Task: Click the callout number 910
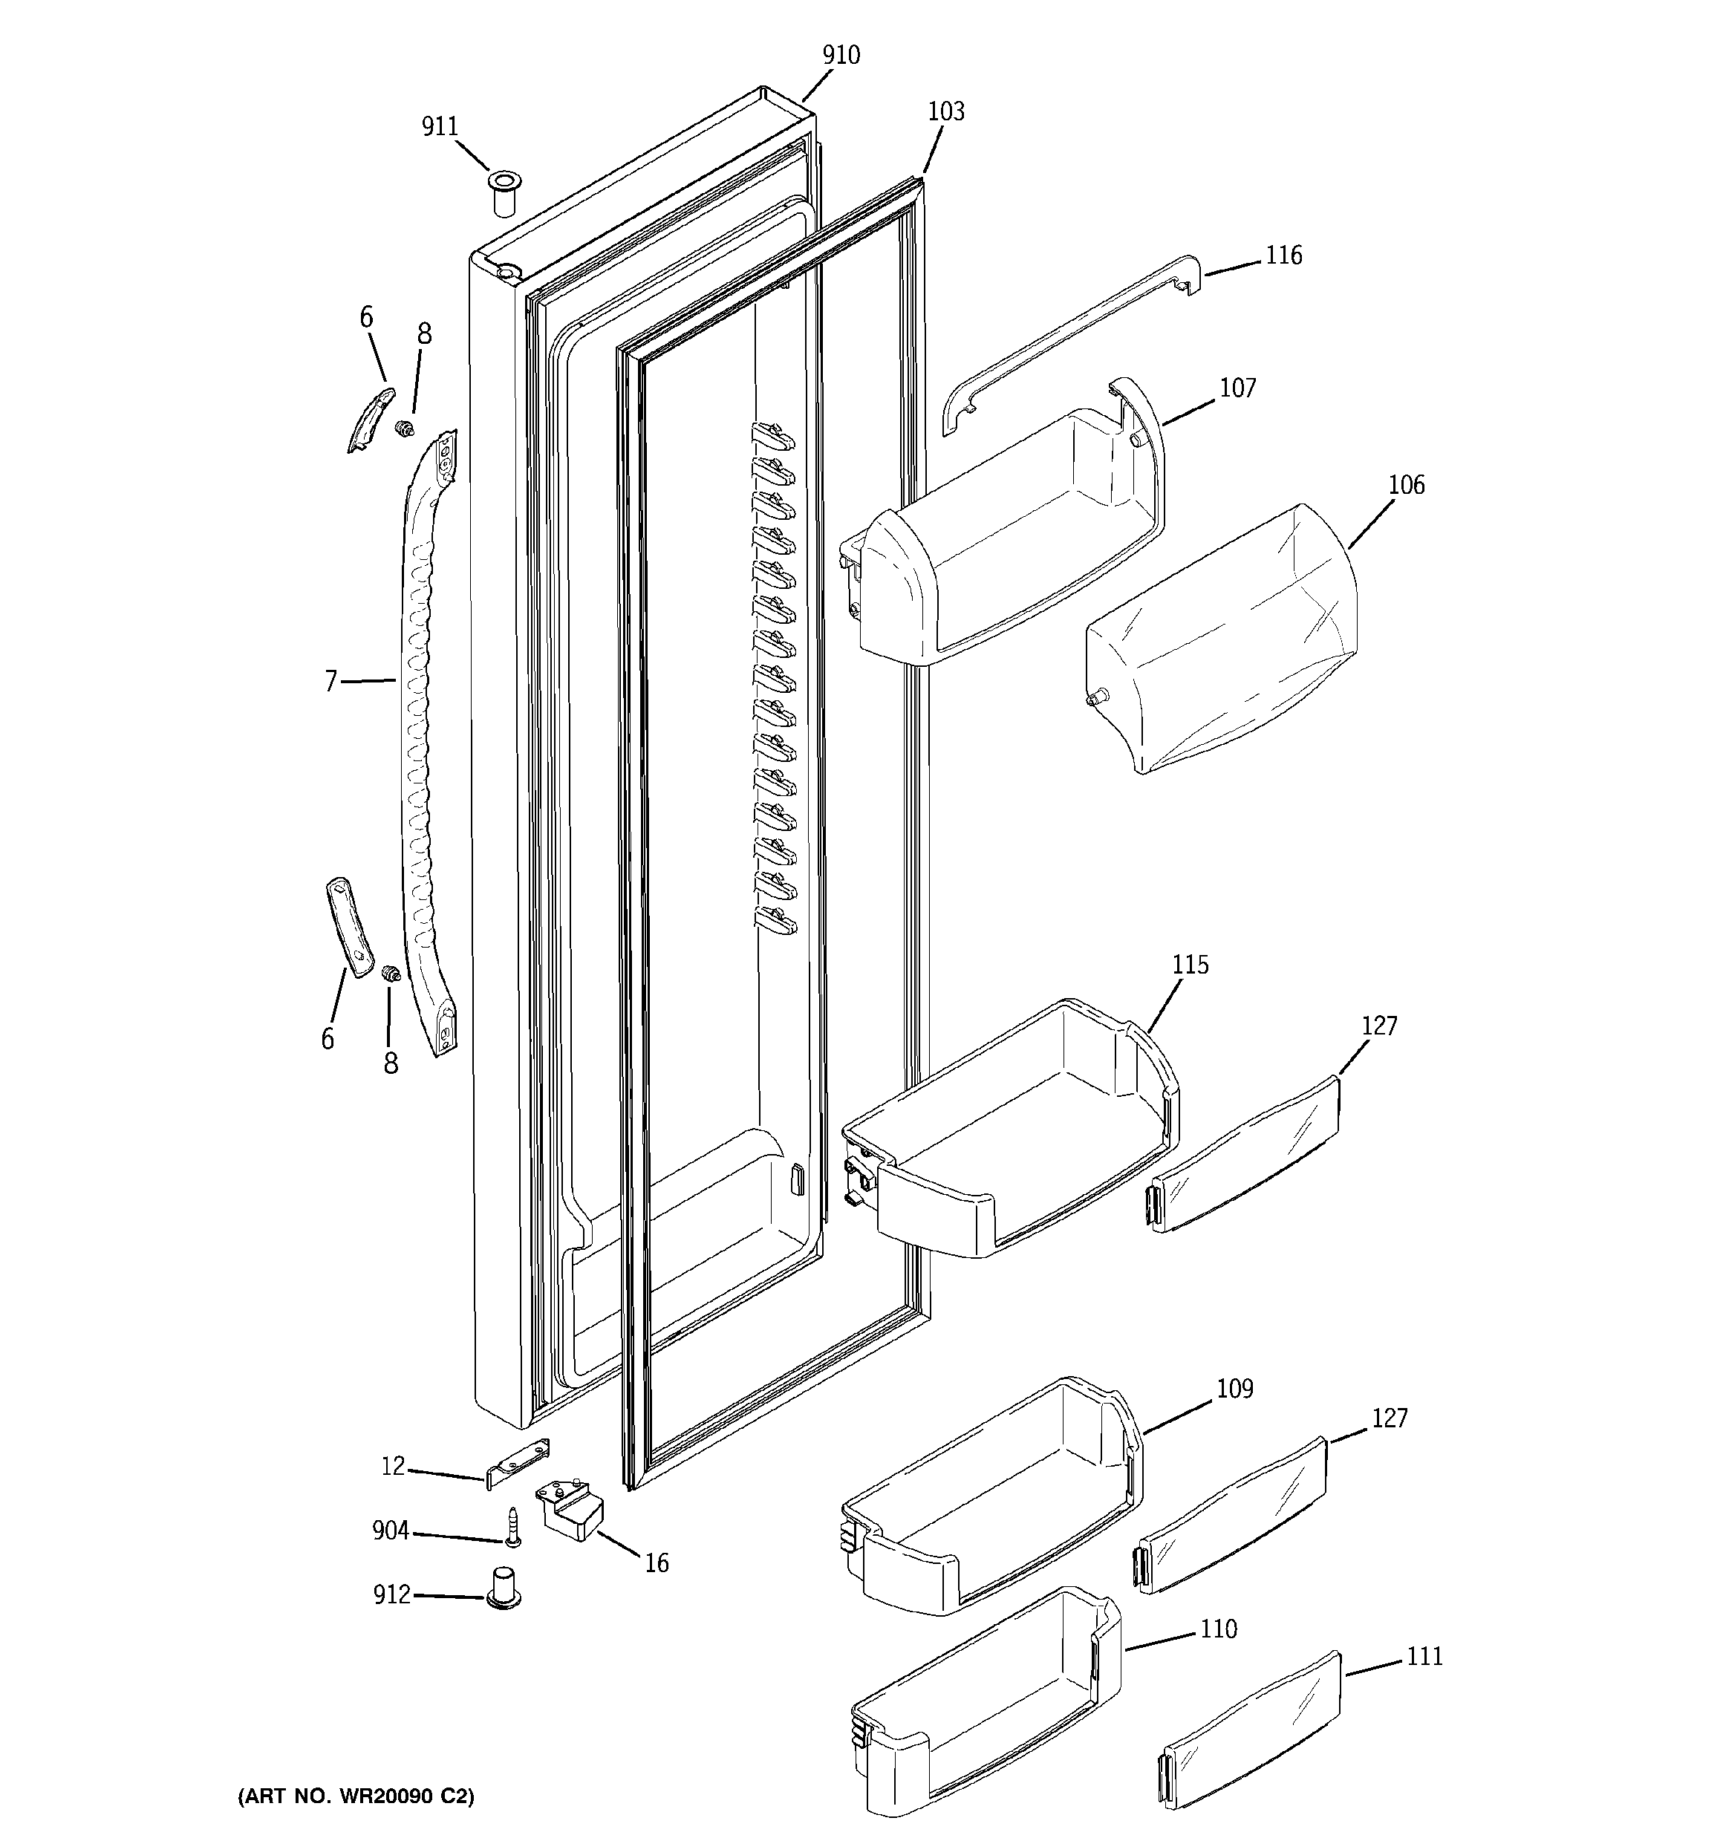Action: (841, 56)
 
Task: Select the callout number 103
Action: (945, 112)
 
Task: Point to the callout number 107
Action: (1237, 388)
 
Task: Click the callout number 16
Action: (656, 1563)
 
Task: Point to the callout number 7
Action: (331, 682)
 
